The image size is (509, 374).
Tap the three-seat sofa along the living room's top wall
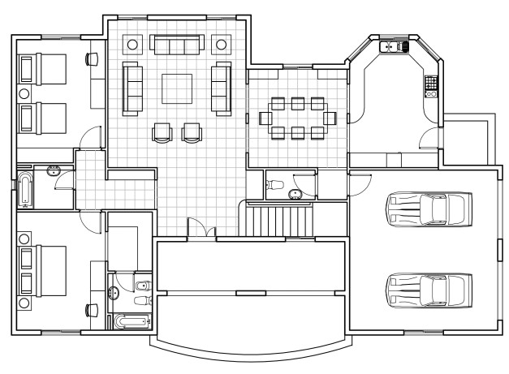click(177, 45)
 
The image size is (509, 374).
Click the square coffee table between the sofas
click(177, 88)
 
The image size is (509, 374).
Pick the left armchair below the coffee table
click(162, 131)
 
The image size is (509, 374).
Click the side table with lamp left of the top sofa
click(133, 45)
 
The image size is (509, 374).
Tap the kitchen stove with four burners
click(431, 83)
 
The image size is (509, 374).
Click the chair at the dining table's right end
click(330, 118)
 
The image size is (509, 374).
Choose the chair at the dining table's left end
click(265, 118)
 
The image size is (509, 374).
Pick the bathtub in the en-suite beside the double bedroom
click(130, 322)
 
